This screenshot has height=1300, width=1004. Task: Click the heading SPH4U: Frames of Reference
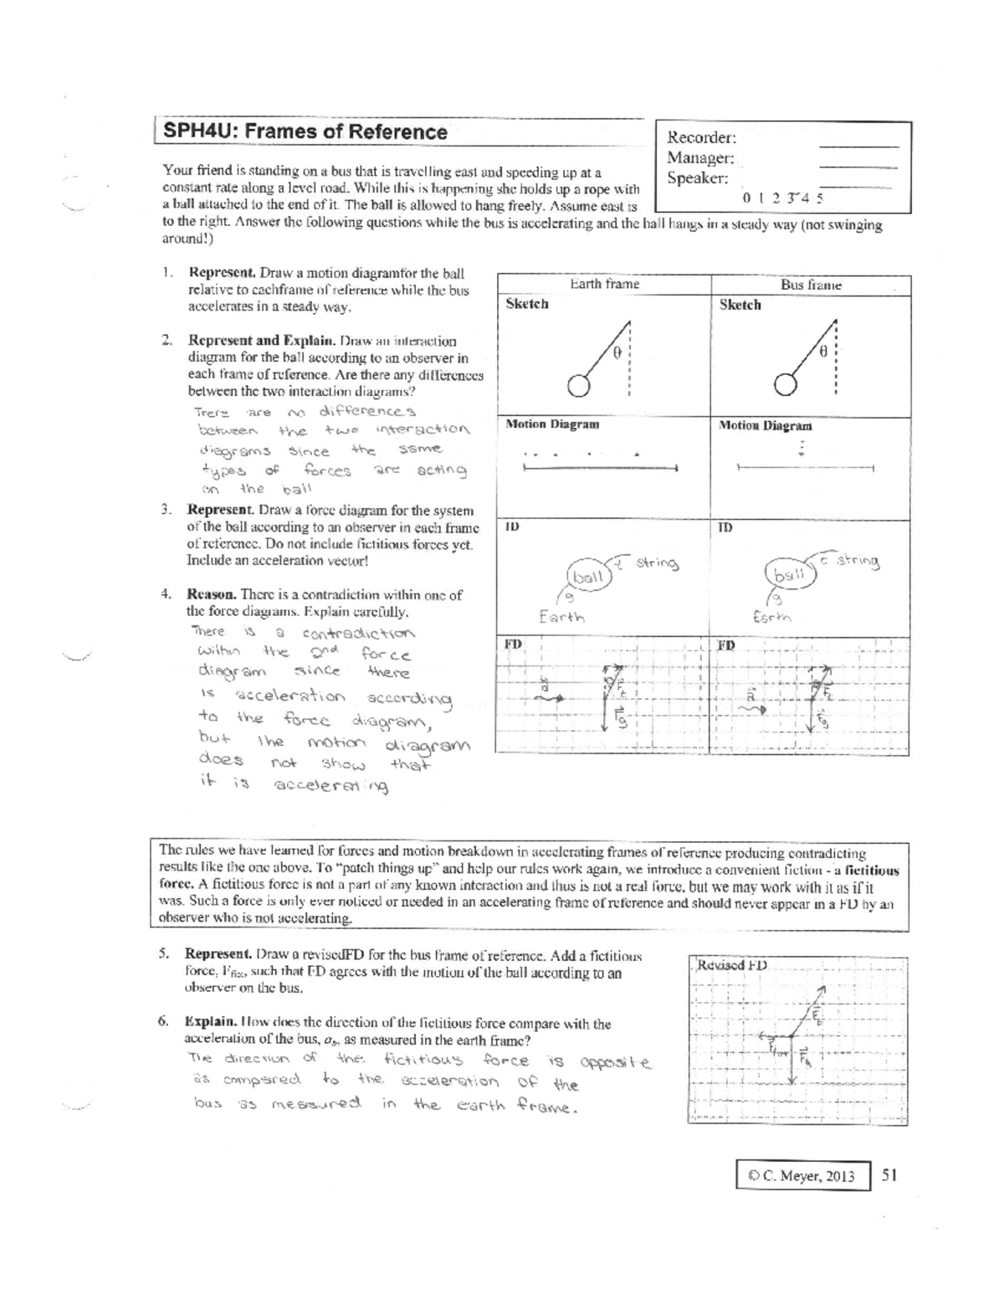(x=305, y=132)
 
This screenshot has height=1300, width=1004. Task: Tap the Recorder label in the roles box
(x=701, y=137)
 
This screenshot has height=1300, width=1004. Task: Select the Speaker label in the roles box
(x=697, y=178)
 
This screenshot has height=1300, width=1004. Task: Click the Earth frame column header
(x=604, y=284)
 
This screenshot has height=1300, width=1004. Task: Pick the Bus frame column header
(x=810, y=285)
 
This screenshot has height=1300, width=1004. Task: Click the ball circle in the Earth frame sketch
(x=578, y=384)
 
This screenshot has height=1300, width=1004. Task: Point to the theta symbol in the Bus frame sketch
(x=823, y=353)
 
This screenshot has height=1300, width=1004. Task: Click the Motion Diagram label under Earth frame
(x=552, y=424)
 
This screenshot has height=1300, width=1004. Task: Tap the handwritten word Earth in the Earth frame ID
(x=561, y=618)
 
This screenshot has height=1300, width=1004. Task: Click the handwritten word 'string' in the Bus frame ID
(x=855, y=562)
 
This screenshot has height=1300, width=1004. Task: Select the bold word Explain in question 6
(x=209, y=1023)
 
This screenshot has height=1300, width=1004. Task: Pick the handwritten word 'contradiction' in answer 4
(x=358, y=634)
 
